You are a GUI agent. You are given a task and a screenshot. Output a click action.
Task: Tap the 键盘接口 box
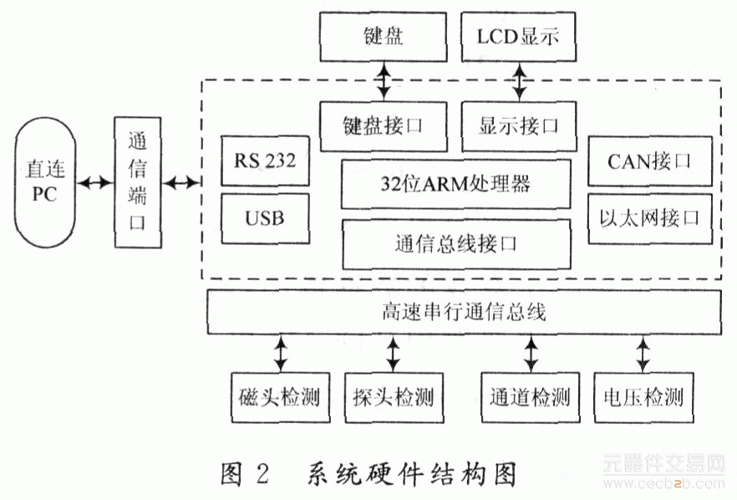click(x=384, y=125)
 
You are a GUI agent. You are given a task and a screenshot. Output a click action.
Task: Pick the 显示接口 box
click(x=517, y=125)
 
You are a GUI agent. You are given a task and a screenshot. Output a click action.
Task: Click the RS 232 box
click(x=265, y=160)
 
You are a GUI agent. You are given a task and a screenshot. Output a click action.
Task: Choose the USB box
click(x=265, y=218)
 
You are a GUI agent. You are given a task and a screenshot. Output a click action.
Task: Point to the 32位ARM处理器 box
click(x=456, y=184)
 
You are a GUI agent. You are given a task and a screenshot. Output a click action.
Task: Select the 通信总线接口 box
click(x=456, y=244)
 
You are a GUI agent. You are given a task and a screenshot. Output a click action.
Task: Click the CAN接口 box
click(x=649, y=160)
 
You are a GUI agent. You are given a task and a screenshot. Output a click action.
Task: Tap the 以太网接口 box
click(x=649, y=218)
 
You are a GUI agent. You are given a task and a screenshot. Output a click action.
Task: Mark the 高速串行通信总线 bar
click(x=463, y=313)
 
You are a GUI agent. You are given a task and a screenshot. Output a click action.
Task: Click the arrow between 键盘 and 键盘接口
click(x=384, y=81)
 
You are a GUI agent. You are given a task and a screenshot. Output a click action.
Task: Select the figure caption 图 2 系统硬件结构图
click(x=368, y=474)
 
